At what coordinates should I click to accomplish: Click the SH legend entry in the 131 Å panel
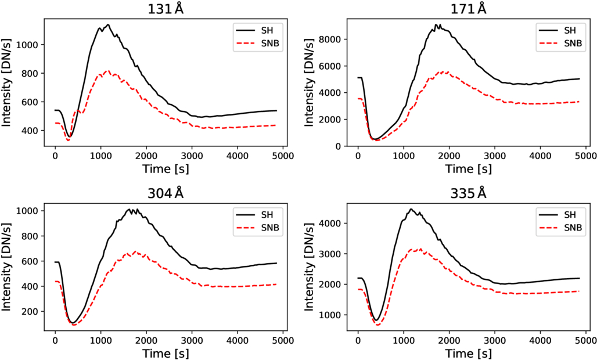(x=258, y=29)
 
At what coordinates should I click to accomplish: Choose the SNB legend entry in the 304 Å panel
(x=258, y=228)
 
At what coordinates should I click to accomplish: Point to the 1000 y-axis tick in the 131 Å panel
(x=31, y=45)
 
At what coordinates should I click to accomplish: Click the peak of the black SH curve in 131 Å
(x=108, y=24)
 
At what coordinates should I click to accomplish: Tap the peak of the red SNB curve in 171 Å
(x=447, y=71)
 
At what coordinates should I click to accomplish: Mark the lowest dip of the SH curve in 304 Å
(x=74, y=322)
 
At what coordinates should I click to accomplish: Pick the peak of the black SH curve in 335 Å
(x=410, y=209)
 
